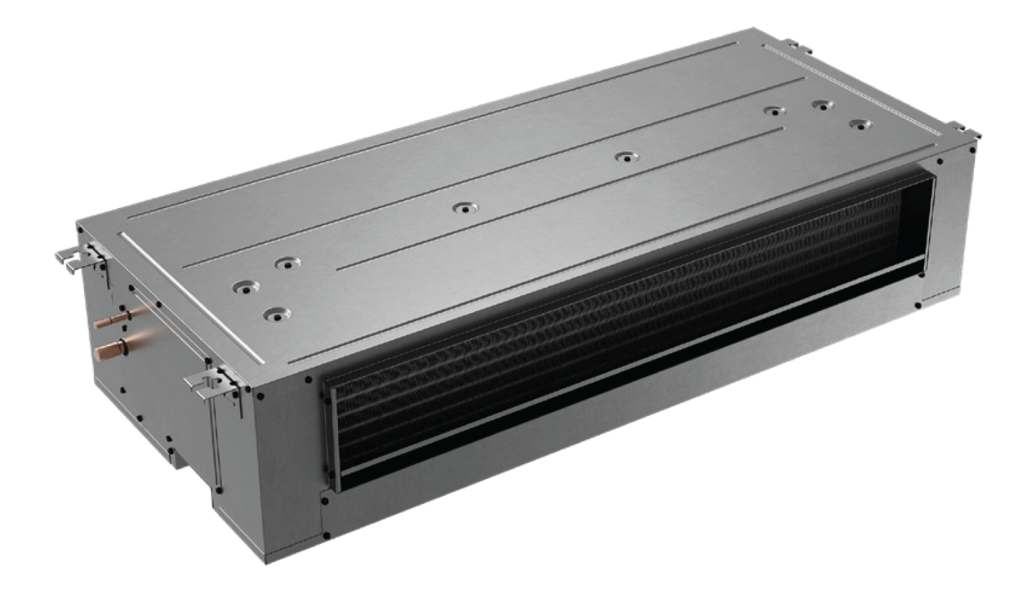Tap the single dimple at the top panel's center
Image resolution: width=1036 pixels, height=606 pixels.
click(464, 208)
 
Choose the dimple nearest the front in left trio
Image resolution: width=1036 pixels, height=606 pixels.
click(277, 314)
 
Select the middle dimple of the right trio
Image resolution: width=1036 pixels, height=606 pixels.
click(822, 104)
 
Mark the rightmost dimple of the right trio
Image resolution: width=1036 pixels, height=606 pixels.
click(860, 124)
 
